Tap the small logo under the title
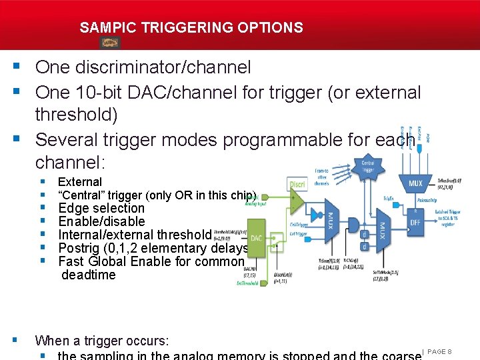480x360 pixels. coord(110,43)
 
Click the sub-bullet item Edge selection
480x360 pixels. coord(101,208)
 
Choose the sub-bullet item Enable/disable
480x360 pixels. coord(101,221)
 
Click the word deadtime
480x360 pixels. coord(88,275)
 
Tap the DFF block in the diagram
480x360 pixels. coord(415,222)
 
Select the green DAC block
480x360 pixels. coord(256,239)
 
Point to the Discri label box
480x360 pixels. coord(297,183)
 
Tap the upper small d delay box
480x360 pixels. coord(364,235)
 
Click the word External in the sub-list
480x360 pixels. coord(80,181)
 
